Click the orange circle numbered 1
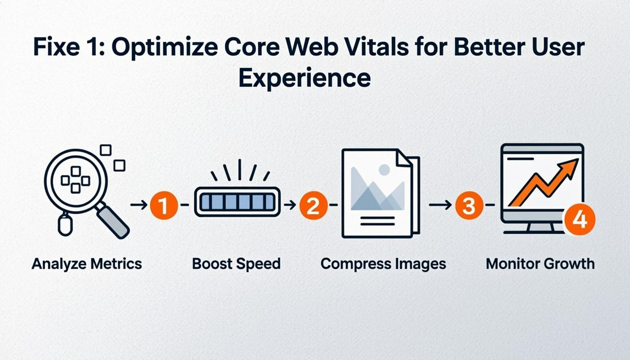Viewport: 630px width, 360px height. pos(164,205)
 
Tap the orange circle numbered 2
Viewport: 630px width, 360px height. pos(313,205)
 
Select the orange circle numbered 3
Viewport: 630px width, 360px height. pos(468,205)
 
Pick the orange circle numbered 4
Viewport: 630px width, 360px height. pos(579,219)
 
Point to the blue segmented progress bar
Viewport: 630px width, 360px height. pos(237,202)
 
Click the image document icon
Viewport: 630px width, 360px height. pos(380,193)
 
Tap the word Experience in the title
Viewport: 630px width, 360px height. pos(304,78)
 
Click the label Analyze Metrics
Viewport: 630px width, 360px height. pos(87,263)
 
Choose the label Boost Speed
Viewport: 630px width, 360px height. pos(236,263)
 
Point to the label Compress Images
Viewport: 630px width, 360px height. pos(383,263)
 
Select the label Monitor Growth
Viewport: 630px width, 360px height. pos(540,263)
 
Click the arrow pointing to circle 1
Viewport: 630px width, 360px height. pos(139,205)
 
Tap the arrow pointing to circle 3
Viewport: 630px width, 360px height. pos(440,205)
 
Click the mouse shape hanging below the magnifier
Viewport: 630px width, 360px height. pos(65,225)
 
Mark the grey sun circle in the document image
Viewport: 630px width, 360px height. pos(384,170)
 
